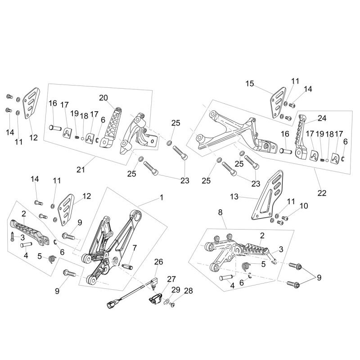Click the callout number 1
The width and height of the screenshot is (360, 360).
pos(162,197)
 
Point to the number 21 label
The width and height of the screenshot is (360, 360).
pos(81,170)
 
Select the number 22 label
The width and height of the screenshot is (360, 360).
pos(322,193)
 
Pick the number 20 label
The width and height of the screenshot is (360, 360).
pos(104,98)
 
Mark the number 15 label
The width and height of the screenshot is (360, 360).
pos(250,83)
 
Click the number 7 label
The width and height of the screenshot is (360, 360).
pos(134,248)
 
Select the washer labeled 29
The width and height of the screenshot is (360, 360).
pos(167,301)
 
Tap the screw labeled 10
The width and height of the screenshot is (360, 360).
pos(284,218)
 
